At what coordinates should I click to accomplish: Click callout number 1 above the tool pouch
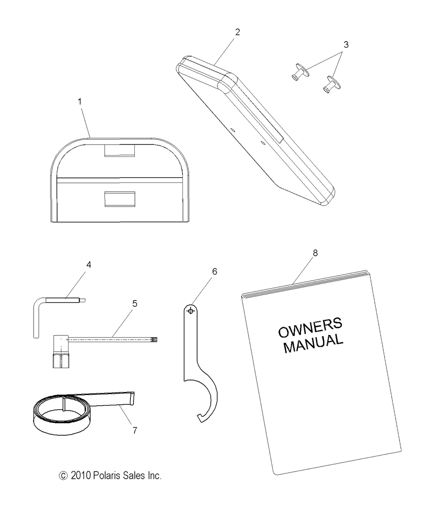click(x=80, y=102)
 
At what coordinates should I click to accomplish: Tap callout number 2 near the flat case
click(x=237, y=32)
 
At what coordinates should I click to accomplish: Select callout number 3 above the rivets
click(x=346, y=45)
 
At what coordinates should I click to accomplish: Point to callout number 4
click(x=89, y=265)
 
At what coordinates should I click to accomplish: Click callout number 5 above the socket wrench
click(x=134, y=304)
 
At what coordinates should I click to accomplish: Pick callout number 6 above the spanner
click(x=215, y=272)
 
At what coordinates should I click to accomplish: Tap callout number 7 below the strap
click(x=134, y=430)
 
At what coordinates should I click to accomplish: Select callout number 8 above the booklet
click(x=315, y=253)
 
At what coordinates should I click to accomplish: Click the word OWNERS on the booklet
click(x=310, y=327)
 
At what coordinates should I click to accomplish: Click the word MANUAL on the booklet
click(x=313, y=343)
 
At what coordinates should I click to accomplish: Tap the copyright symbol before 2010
click(x=63, y=476)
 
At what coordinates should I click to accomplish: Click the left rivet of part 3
click(x=300, y=71)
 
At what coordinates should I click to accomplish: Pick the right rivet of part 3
click(x=332, y=84)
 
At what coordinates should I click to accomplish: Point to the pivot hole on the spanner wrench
click(x=191, y=311)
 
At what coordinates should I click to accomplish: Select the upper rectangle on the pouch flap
click(x=120, y=150)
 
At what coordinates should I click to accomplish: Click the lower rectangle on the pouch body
click(x=120, y=199)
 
